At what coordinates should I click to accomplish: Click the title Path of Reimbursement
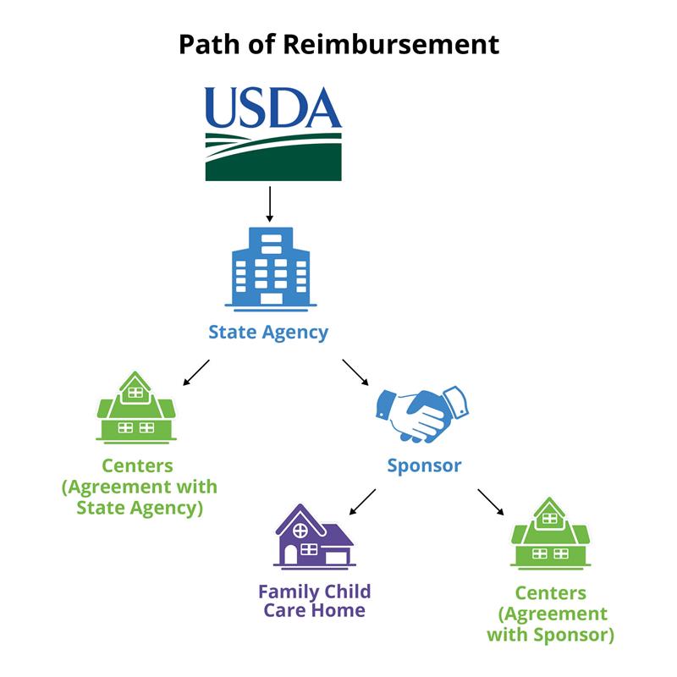(x=338, y=44)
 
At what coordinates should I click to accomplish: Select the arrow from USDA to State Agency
(x=269, y=204)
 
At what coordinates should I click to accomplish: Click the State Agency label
(x=268, y=332)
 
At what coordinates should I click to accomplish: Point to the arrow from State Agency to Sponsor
(x=356, y=372)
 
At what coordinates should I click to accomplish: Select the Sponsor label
(x=424, y=465)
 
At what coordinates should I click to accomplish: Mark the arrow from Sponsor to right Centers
(x=490, y=501)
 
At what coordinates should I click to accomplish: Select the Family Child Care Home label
(x=314, y=600)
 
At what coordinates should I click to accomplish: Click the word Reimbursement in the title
(x=390, y=44)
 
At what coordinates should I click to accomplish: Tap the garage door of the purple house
(x=336, y=557)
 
